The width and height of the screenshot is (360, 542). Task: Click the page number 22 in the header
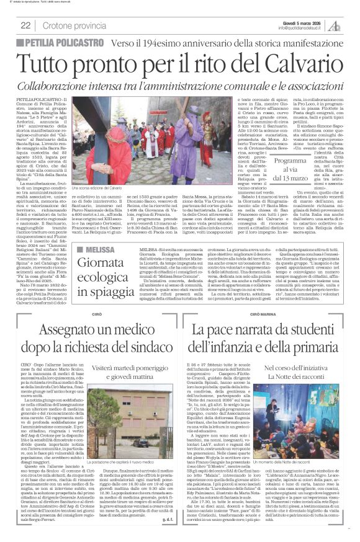26,25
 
